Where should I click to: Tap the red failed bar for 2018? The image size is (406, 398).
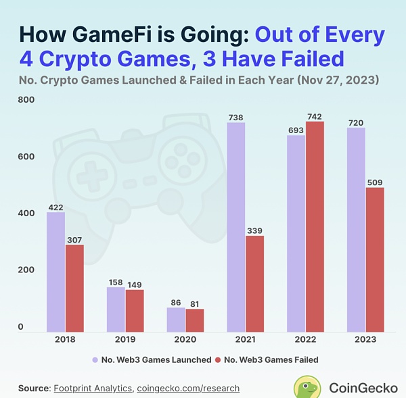[74, 287]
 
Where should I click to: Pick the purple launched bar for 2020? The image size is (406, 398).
[175, 319]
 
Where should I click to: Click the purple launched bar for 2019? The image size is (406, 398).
[116, 309]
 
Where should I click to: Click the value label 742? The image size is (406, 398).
[315, 117]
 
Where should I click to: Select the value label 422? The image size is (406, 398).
[55, 207]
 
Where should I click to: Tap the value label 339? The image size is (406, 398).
[254, 231]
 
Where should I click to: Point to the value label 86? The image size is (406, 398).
[176, 303]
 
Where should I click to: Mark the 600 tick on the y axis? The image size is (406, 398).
[25, 157]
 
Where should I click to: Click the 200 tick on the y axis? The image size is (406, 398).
[25, 270]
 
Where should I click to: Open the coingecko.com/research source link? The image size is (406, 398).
[188, 389]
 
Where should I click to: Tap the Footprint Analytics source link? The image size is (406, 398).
[93, 389]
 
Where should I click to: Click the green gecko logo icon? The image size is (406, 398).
[308, 387]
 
